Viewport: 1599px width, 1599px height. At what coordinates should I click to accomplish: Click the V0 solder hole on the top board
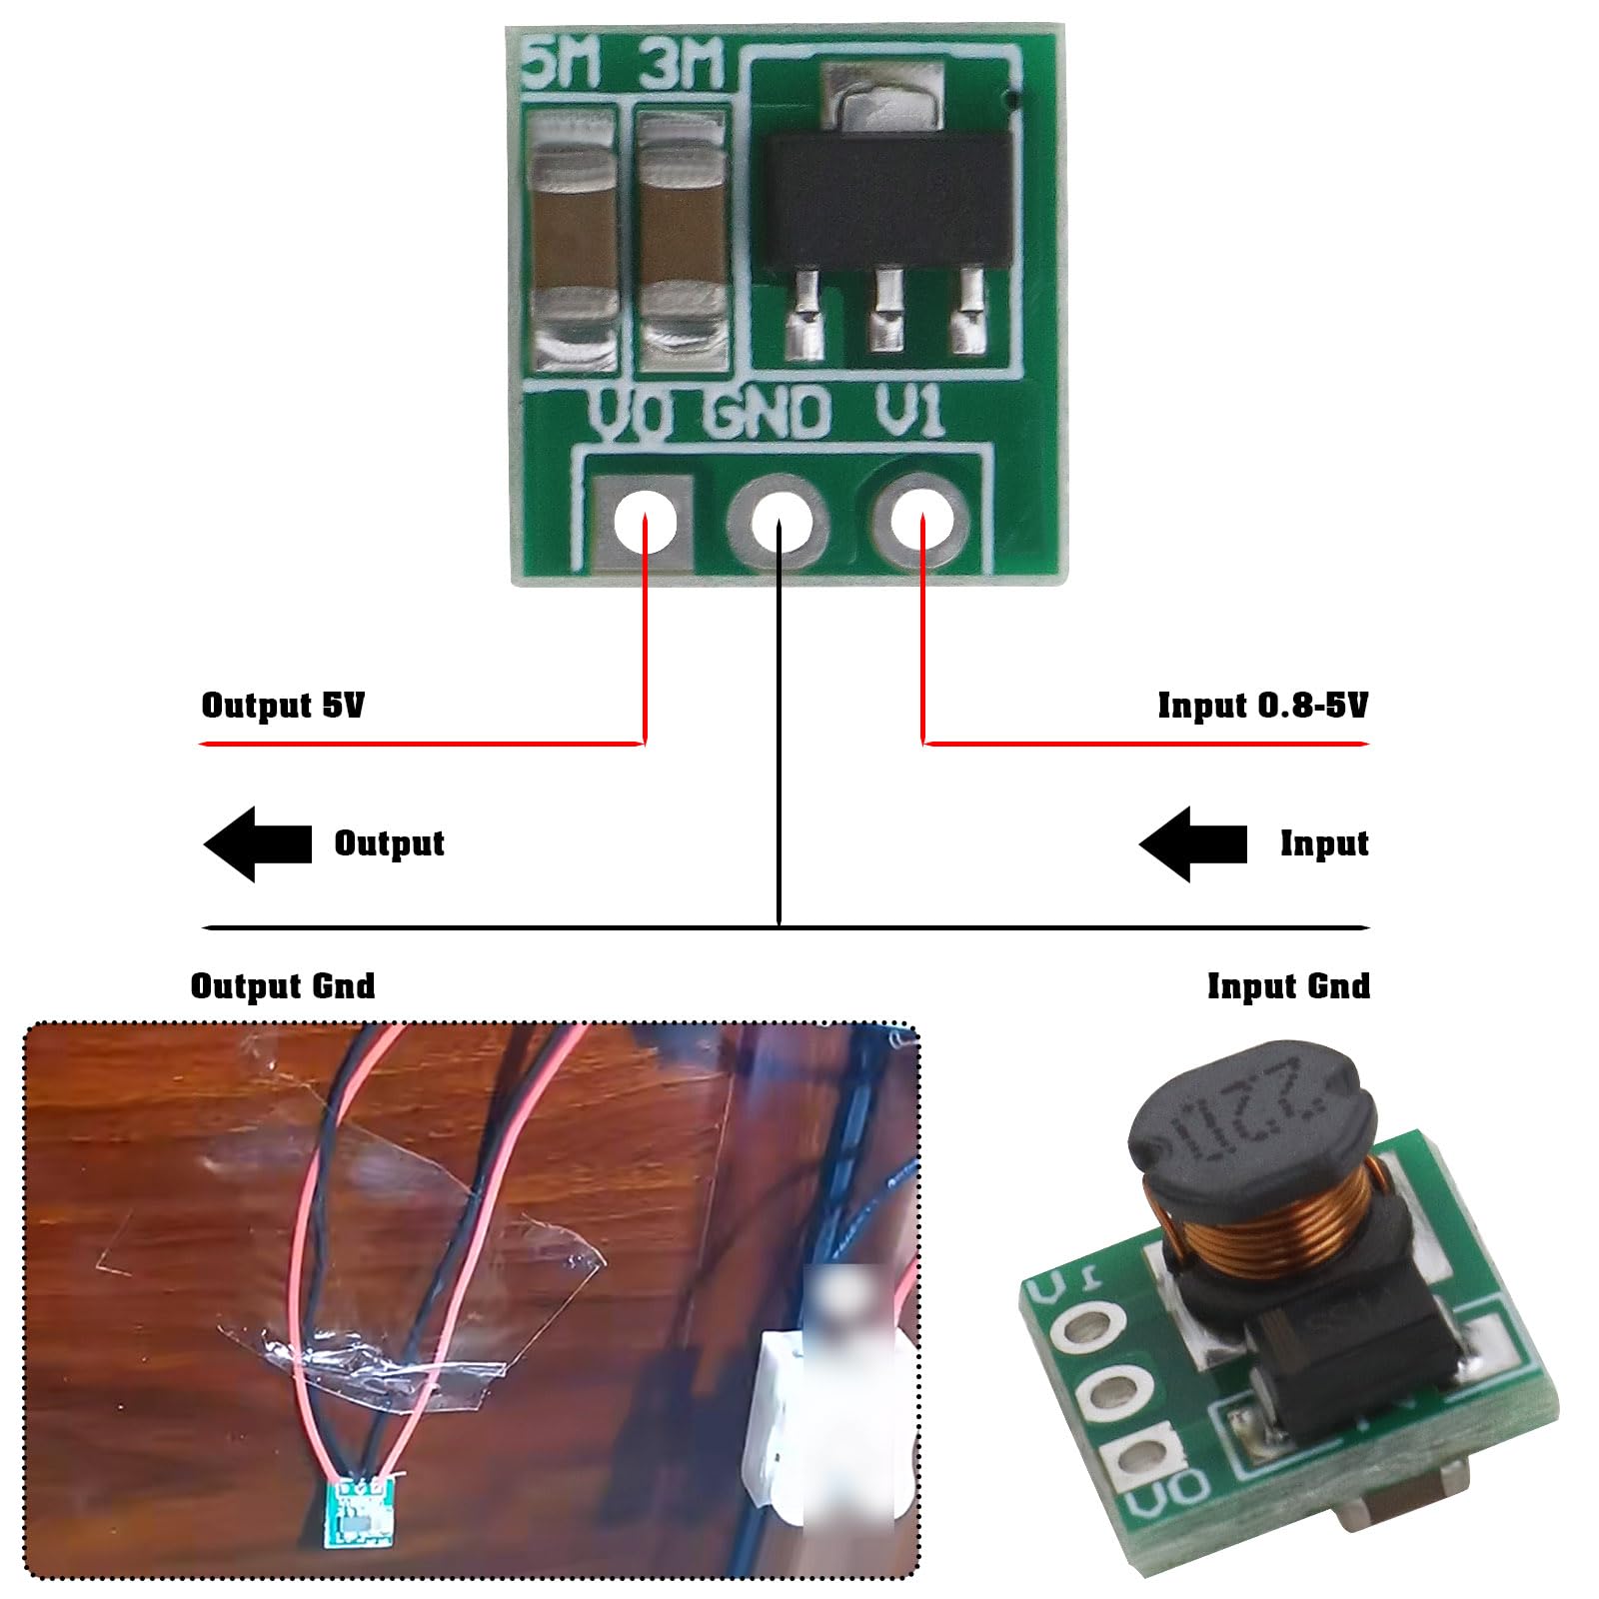coord(645,522)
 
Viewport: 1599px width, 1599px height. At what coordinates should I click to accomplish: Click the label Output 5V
coord(283,706)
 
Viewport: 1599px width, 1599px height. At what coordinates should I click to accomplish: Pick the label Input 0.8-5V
coord(1262,706)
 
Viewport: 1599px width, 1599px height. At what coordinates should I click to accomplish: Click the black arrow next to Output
coord(257,844)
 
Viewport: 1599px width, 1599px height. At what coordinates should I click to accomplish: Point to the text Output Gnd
coord(283,986)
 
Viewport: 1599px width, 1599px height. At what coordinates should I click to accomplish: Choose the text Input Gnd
coord(1288,986)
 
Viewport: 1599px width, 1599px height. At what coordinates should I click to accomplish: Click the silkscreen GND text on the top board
coord(768,413)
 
